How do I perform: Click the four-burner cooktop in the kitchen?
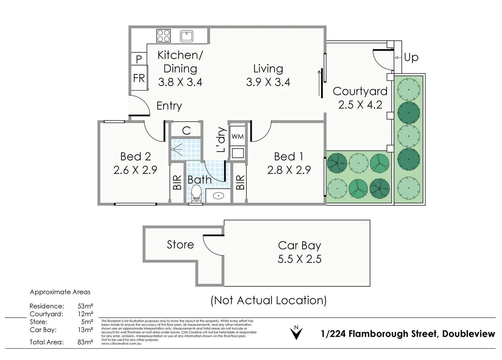[x=163, y=36]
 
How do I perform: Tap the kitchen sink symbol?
[x=186, y=36]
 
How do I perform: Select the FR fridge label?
[x=139, y=78]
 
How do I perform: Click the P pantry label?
[x=139, y=59]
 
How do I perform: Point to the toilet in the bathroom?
[x=196, y=194]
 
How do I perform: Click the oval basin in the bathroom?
[x=218, y=196]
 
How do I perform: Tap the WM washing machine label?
[x=237, y=136]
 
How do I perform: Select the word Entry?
[x=169, y=106]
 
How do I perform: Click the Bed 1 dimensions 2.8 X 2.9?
[x=289, y=170]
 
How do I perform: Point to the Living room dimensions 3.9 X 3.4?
[x=268, y=82]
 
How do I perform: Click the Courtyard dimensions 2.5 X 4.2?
[x=360, y=105]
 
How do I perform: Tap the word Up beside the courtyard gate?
[x=411, y=57]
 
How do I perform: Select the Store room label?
[x=180, y=245]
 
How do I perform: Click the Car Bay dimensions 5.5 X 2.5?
[x=300, y=259]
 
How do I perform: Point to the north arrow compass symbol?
[x=296, y=332]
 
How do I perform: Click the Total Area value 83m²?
[x=85, y=342]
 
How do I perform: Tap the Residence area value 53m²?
[x=85, y=306]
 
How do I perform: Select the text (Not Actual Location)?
[x=269, y=300]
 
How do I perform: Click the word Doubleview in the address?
[x=468, y=334]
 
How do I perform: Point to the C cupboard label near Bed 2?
[x=186, y=131]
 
